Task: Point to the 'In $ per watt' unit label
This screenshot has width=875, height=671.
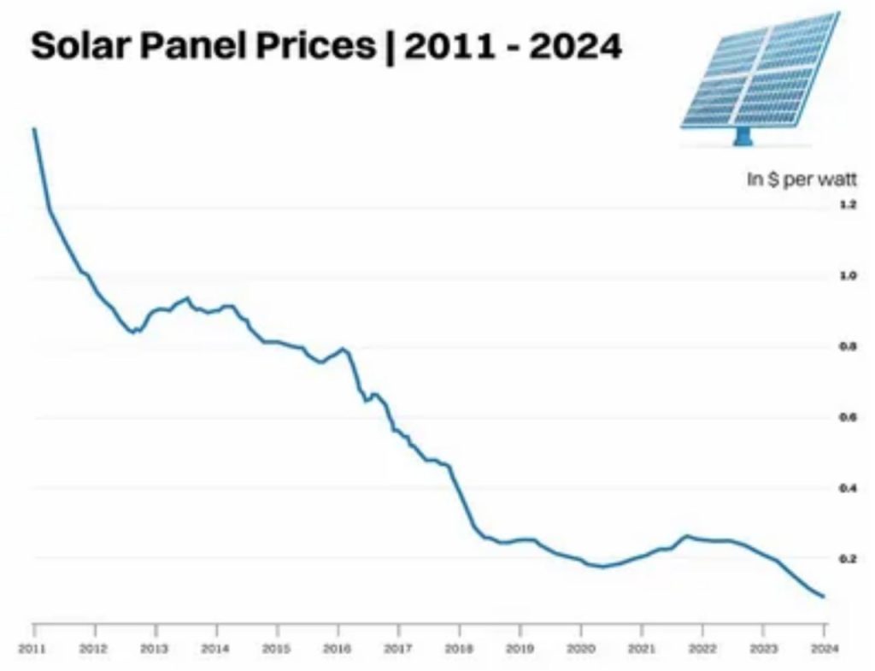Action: coord(802,180)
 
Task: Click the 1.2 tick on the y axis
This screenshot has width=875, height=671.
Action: coord(848,204)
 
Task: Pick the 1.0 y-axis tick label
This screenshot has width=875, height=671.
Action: coord(848,276)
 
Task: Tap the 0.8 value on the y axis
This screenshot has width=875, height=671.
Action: coord(848,347)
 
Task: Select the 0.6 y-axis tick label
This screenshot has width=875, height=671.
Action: coord(848,417)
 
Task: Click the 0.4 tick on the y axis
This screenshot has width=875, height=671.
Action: coord(848,488)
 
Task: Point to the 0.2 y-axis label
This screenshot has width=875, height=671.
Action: coord(848,559)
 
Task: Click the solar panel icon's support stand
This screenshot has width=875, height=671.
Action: coord(743,136)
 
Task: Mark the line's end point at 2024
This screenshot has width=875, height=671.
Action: coord(824,597)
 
